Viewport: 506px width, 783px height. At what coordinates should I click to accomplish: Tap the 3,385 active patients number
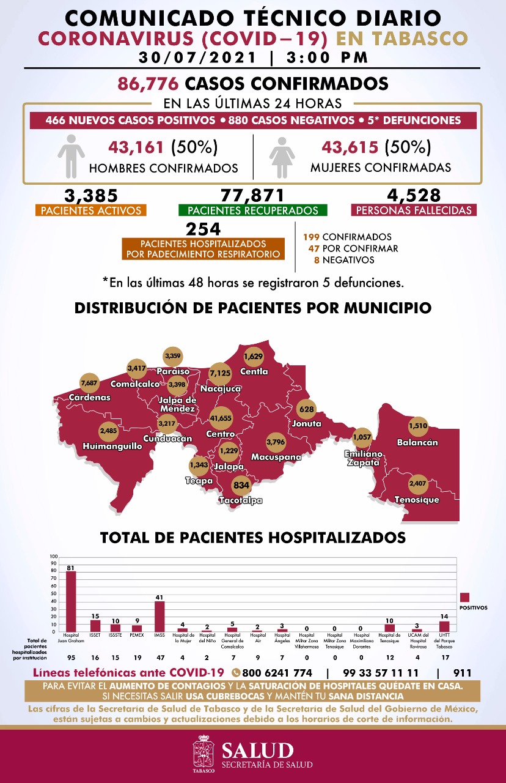click(91, 196)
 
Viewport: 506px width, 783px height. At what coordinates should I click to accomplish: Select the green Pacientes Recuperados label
click(253, 210)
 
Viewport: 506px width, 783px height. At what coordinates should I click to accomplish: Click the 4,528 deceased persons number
click(414, 196)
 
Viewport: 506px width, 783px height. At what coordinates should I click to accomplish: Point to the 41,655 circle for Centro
click(221, 417)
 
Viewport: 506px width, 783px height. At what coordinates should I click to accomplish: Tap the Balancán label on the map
click(417, 442)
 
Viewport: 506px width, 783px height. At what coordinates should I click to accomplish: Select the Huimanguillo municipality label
click(112, 447)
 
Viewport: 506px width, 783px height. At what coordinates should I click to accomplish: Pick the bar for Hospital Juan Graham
click(71, 602)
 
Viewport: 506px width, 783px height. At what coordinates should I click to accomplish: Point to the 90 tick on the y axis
click(54, 564)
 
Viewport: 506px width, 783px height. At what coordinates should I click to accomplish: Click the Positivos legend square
click(465, 597)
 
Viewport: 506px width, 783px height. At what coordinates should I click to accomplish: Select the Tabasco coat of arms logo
click(204, 751)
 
